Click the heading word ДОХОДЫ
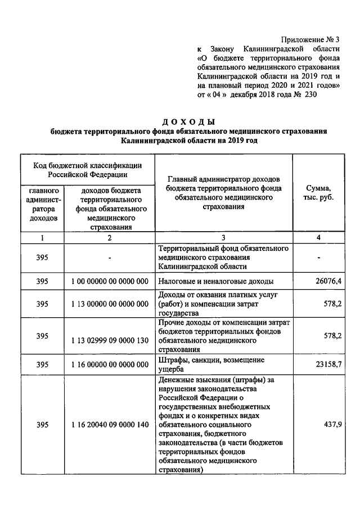(x=188, y=121)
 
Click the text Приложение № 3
(x=313, y=39)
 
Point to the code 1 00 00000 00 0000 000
(x=110, y=281)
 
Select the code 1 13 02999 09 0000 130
(x=110, y=340)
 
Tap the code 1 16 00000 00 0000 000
(x=110, y=364)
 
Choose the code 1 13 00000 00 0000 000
(x=110, y=304)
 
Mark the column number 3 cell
(x=223, y=238)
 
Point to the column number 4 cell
(x=318, y=238)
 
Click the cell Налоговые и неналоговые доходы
(x=216, y=281)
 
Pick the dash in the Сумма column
(x=319, y=258)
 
